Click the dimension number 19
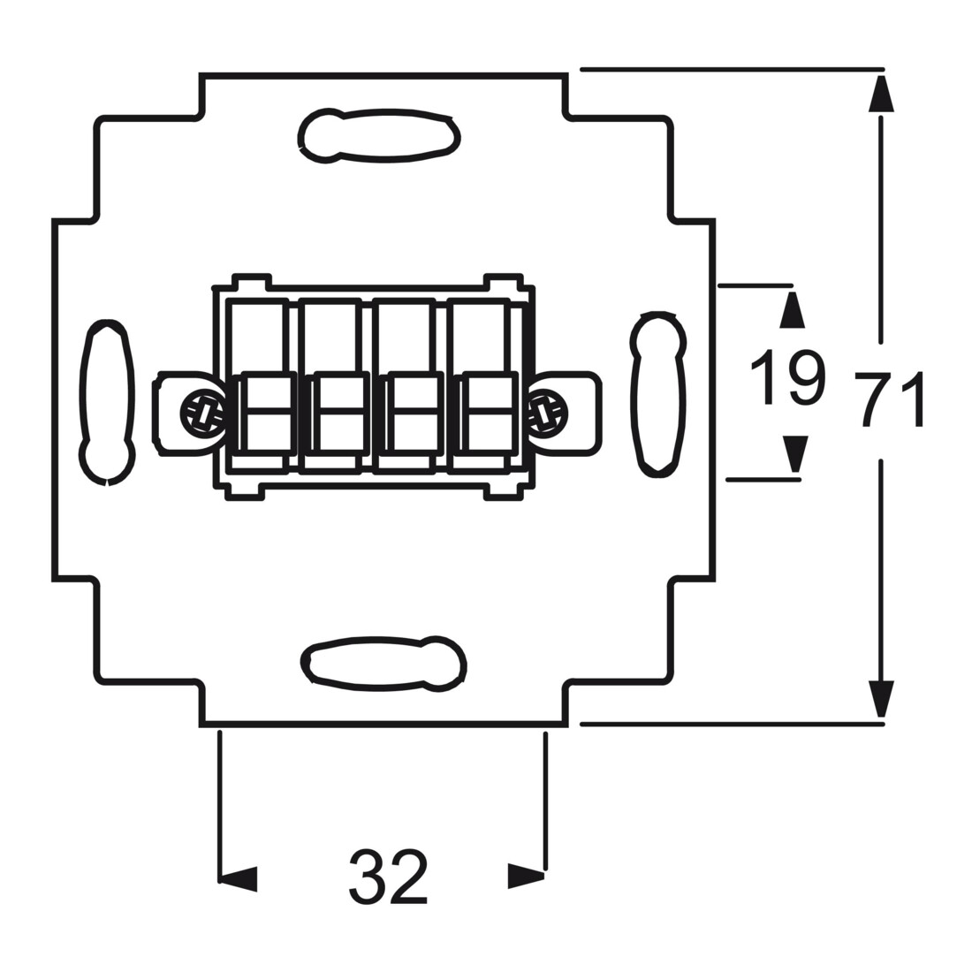[788, 377]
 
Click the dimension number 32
[389, 877]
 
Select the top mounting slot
[379, 136]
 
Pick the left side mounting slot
[107, 402]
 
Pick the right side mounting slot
[658, 394]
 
